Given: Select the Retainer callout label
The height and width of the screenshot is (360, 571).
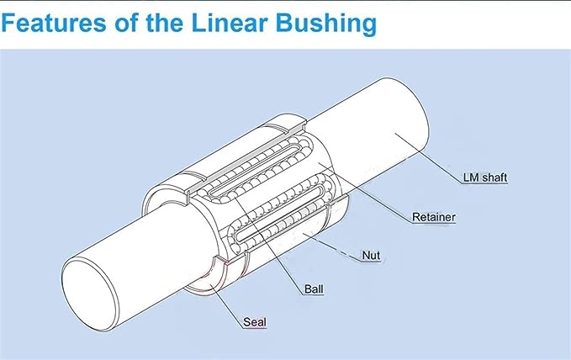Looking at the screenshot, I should point(434,217).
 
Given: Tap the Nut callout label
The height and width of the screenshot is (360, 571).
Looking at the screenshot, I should point(371,252).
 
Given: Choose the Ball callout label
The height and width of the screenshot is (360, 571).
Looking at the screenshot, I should point(313,289).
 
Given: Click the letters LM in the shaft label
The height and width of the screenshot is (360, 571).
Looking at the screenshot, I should point(471,177).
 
